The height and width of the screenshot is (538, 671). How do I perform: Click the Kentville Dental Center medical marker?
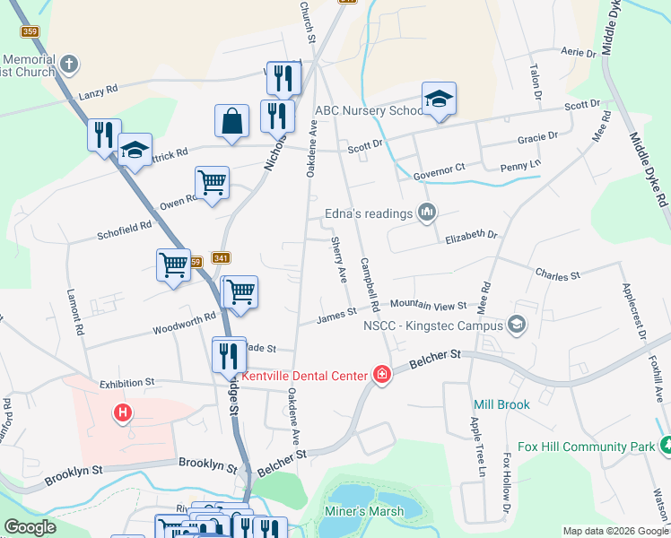(x=382, y=374)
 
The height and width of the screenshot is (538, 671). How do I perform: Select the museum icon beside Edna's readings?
(x=427, y=213)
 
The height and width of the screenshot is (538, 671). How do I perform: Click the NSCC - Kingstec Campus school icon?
(x=516, y=324)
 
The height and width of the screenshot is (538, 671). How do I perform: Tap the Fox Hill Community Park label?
(x=588, y=446)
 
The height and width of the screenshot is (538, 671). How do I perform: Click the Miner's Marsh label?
(x=362, y=512)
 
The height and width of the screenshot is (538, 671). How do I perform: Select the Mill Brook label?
(x=501, y=404)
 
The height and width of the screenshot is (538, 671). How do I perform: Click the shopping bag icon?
(x=231, y=121)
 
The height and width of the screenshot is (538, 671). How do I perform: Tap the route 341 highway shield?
(x=221, y=258)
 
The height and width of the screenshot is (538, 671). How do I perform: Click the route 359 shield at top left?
(x=30, y=31)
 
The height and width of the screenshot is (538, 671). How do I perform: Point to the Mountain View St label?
(x=428, y=306)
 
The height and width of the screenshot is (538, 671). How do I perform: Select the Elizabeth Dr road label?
(x=471, y=235)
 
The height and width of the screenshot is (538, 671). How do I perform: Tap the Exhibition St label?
(x=127, y=383)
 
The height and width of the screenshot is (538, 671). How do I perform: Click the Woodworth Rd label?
(x=184, y=317)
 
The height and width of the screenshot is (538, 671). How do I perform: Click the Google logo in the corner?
(x=30, y=527)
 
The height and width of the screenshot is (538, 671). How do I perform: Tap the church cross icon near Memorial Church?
(x=70, y=65)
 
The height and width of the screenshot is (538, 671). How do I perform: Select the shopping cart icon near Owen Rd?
(x=212, y=183)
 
